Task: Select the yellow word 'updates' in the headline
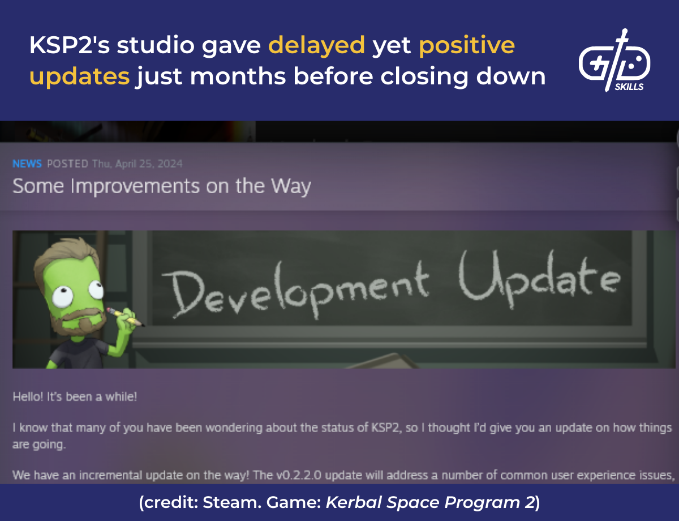coord(79,76)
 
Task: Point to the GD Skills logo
coord(614,61)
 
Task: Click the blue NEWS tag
coord(27,164)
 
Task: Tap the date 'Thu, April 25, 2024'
coord(137,164)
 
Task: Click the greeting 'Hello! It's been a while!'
coord(75,396)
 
